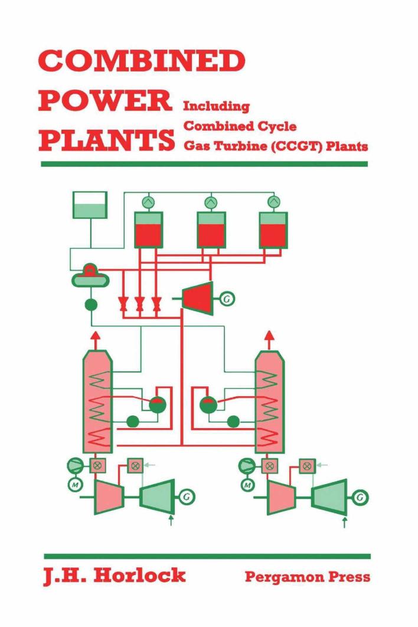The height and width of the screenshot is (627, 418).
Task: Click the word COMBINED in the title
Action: (142, 61)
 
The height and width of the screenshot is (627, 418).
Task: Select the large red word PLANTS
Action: (107, 141)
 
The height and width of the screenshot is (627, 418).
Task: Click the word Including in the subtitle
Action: (216, 107)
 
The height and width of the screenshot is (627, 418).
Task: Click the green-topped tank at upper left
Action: (89, 205)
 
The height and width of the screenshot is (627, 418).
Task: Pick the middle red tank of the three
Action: (211, 229)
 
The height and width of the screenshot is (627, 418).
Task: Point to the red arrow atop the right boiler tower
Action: (269, 338)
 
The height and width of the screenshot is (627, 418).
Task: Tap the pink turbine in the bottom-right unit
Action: (282, 496)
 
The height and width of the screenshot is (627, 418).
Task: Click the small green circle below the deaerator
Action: (91, 305)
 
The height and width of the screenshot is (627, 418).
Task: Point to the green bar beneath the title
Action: (204, 163)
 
